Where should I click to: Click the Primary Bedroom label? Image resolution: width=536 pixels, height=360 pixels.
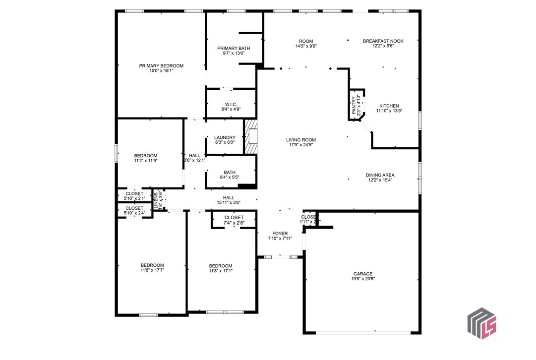click(161, 66)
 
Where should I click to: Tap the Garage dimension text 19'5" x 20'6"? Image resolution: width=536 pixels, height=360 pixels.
click(363, 279)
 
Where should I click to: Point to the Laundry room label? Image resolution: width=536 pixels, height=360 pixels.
click(225, 137)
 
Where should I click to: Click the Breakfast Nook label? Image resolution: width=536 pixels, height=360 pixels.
click(383, 41)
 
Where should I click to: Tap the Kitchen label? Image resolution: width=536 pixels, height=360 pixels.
click(389, 106)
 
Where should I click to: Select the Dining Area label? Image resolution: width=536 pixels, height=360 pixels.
click(380, 175)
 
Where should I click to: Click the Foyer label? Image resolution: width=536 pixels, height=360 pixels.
click(280, 233)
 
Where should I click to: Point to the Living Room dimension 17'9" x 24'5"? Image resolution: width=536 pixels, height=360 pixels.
click(301, 145)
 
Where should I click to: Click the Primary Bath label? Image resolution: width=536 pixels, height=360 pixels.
click(234, 48)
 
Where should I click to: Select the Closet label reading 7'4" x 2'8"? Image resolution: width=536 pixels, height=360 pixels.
click(234, 218)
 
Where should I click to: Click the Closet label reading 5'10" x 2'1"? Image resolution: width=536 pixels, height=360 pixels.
click(134, 193)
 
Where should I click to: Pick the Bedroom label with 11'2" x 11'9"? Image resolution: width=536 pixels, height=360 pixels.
click(146, 156)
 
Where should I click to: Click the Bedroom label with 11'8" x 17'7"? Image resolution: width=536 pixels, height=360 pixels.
click(152, 265)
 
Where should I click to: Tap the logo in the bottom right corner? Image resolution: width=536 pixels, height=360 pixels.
click(482, 323)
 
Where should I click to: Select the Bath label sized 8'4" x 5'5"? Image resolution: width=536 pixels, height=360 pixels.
click(229, 173)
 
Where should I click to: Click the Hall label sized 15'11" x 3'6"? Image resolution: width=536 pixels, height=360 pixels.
click(229, 197)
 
